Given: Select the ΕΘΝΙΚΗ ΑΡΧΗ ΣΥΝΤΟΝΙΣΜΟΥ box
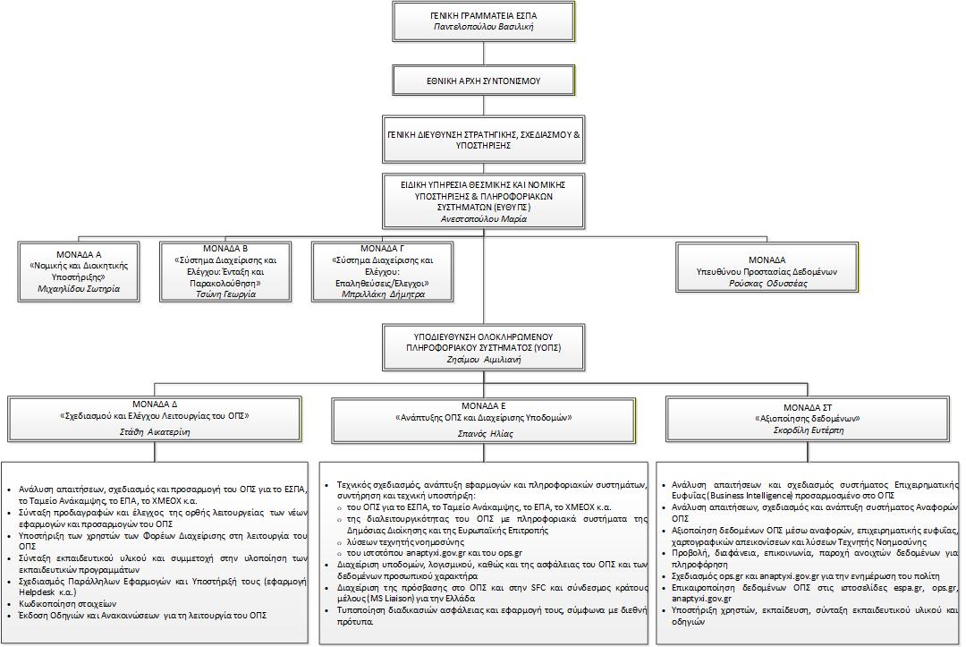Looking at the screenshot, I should click(483, 81).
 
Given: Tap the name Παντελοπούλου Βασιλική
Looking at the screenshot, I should click(484, 28).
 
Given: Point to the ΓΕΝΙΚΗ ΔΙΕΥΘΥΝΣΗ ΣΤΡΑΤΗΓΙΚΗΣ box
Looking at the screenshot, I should click(483, 139).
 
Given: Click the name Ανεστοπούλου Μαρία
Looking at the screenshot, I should click(483, 218).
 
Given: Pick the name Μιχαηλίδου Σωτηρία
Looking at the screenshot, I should click(79, 289).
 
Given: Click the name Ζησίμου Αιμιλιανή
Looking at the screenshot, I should click(484, 359).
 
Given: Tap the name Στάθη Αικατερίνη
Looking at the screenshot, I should click(155, 431).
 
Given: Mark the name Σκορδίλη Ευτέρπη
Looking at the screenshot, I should click(809, 430).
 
